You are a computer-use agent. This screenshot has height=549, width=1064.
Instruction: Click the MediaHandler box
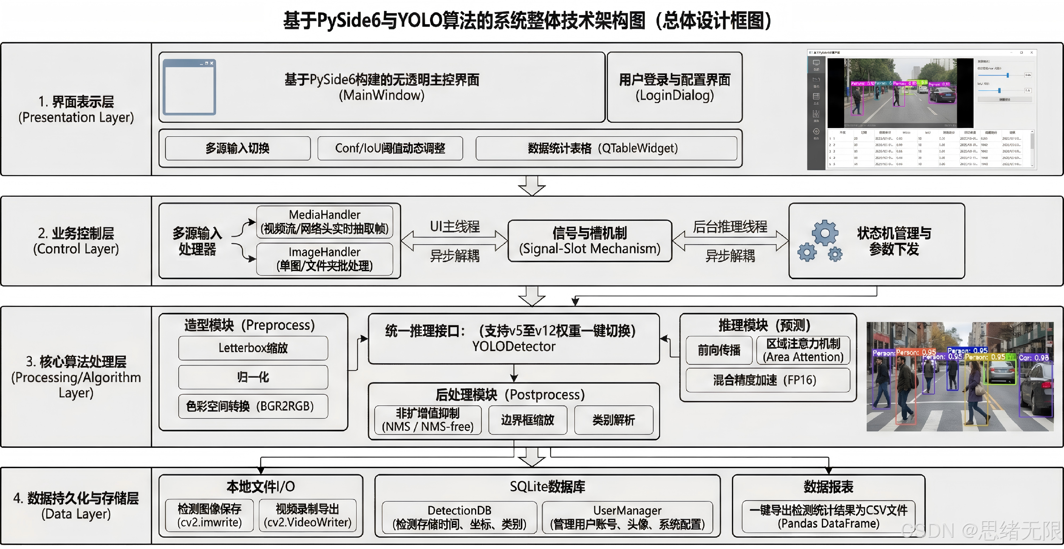(325, 222)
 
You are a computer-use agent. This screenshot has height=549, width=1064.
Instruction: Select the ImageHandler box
(325, 259)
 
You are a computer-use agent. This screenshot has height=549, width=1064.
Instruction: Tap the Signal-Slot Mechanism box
(590, 241)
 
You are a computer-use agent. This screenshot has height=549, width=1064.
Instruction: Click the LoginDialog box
(674, 87)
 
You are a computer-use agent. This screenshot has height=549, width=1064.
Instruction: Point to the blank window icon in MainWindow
(189, 87)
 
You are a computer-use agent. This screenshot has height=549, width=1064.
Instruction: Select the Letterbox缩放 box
(253, 348)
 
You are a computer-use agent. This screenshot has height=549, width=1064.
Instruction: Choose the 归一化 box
(253, 377)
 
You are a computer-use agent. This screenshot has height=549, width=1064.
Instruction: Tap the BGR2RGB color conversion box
(253, 406)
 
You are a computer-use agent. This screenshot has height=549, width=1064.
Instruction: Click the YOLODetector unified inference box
(513, 338)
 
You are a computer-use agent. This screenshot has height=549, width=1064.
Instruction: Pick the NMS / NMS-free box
(428, 420)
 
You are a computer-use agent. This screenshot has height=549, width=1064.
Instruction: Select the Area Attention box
(803, 350)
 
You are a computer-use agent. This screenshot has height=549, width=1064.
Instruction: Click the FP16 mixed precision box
(767, 380)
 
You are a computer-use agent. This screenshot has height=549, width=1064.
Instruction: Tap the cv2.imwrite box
(209, 515)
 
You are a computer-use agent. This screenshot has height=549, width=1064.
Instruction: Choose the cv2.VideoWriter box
(308, 515)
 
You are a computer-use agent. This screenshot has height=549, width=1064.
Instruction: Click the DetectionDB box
(459, 517)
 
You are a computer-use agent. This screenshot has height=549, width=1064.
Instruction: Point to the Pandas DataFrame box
(828, 517)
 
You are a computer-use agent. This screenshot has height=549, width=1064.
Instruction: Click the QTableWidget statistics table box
(606, 148)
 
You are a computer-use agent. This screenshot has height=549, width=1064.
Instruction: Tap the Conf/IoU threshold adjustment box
(390, 148)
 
